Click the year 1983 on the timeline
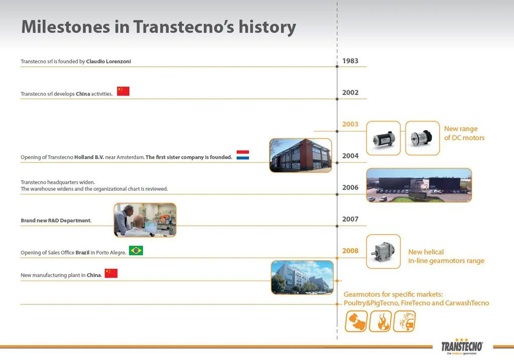pyautogui.click(x=350, y=61)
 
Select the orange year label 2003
pyautogui.click(x=350, y=124)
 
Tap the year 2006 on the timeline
pyautogui.click(x=350, y=187)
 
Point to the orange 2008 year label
pyautogui.click(x=350, y=251)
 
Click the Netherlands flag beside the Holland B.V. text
pyautogui.click(x=243, y=155)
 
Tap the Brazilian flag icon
pyautogui.click(x=136, y=250)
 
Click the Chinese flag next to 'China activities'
pyautogui.click(x=123, y=91)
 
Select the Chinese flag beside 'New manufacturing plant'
pyautogui.click(x=111, y=273)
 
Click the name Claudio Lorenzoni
pyautogui.click(x=111, y=61)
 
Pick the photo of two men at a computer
pyautogui.click(x=145, y=219)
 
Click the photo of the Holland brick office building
pyautogui.click(x=300, y=155)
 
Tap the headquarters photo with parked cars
pyautogui.click(x=419, y=185)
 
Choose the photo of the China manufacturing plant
pyautogui.click(x=302, y=277)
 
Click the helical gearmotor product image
pyautogui.click(x=383, y=251)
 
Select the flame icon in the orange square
pyautogui.click(x=380, y=321)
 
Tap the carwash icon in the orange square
pyautogui.click(x=404, y=321)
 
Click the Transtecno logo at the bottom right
pyautogui.click(x=462, y=347)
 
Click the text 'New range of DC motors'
pyautogui.click(x=464, y=133)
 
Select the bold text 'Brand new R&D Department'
pyautogui.click(x=56, y=220)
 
